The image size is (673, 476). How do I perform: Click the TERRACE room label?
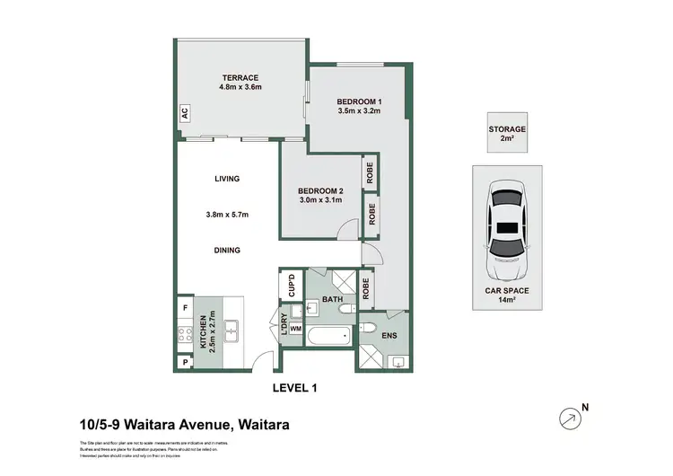point(240,76)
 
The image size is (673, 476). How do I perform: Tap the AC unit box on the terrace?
point(184,113)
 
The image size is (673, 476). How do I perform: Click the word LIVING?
point(227,179)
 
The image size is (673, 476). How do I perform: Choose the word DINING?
point(227,251)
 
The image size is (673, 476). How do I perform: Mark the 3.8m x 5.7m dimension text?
point(227,215)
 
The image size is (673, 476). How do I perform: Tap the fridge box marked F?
point(185,308)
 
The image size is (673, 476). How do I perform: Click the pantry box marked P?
point(185,362)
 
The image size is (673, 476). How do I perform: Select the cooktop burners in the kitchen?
point(186,336)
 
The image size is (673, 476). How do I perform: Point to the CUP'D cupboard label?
point(292,286)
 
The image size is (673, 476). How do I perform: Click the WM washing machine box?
point(294,329)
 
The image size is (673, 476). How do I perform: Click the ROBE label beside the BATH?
point(366,287)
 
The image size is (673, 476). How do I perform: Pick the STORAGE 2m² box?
point(507,134)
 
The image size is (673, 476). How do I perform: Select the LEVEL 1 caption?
point(295,388)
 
